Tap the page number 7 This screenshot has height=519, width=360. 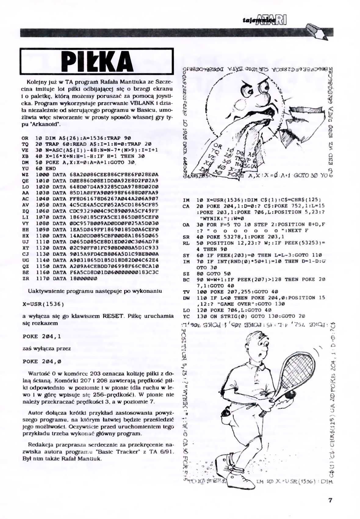pos(330,500)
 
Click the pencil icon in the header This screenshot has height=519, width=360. pos(317,30)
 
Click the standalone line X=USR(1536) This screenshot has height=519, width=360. pos(43,304)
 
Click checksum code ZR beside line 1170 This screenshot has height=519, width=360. pos(25,278)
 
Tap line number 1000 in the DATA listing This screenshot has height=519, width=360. pos(41,175)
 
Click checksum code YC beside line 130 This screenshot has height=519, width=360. pos(186,316)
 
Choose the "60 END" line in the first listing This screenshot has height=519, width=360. pos(46,169)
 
